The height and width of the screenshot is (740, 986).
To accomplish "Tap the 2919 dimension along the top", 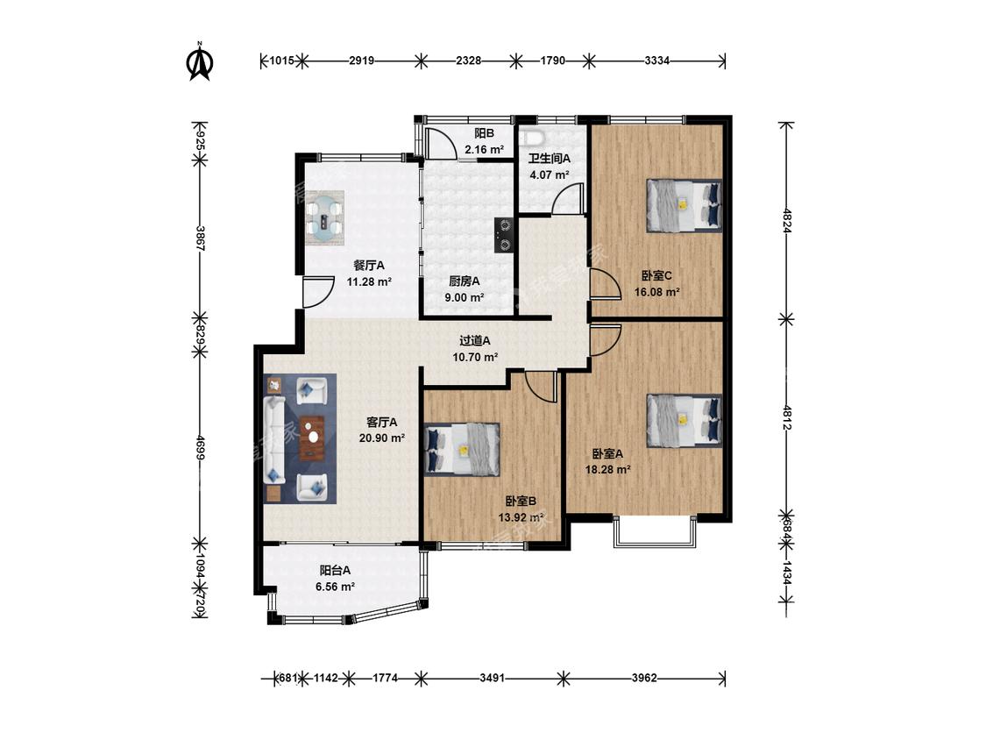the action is point(362,61).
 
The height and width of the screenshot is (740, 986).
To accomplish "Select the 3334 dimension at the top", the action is point(657,61).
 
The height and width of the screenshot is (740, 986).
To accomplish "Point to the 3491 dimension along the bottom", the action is point(492,679).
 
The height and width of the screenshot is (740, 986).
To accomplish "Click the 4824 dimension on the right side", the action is point(787,222).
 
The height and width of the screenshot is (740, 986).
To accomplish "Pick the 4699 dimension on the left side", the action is point(200,447).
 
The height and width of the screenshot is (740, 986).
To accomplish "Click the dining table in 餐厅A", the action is point(325,219).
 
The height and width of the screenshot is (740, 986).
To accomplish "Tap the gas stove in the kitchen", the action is point(504,235).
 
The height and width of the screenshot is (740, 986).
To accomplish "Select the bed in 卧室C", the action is point(685,206).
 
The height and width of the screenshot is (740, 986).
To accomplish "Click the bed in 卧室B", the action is point(463,449).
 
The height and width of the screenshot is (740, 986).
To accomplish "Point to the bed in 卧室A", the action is point(685,421).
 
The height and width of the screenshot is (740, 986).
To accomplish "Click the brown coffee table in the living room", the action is point(312,438).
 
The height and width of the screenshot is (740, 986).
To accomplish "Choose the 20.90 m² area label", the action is point(382,438).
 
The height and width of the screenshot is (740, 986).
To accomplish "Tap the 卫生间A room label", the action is point(549,159).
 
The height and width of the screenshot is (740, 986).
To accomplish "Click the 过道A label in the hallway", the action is point(475,341).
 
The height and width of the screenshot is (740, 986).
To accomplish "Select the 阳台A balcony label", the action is point(335,571).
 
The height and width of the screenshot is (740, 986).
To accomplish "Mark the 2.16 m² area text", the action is point(484,150).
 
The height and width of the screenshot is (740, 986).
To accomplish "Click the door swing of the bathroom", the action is point(568,199).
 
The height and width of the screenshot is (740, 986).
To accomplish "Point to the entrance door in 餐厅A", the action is point(318,292).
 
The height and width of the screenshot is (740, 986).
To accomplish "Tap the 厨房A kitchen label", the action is point(464,281).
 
